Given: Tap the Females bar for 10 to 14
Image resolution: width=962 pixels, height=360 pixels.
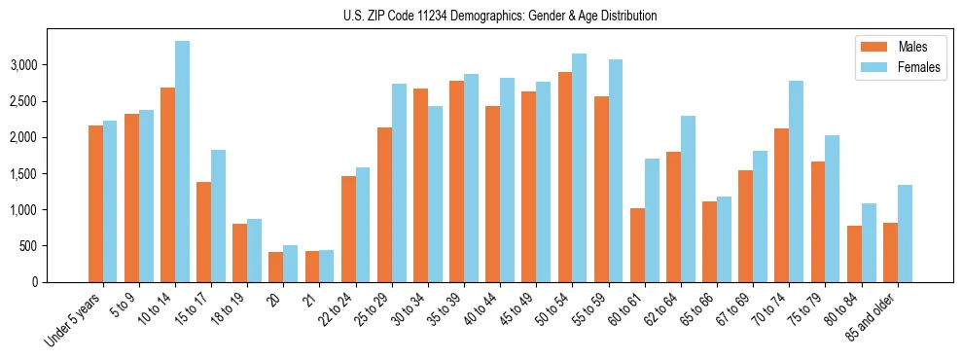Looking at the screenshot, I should pos(182,162).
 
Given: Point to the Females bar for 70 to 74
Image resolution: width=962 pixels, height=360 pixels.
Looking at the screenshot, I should pos(797,181).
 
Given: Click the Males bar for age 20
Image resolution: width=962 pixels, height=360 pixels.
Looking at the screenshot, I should pos(276,267).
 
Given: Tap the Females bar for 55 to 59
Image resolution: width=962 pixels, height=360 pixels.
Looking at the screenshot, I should pos(616,170).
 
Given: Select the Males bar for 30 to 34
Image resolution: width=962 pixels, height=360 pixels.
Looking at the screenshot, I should pos(421,185).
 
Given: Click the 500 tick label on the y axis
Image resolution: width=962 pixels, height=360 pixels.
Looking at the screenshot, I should pos(57,246).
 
